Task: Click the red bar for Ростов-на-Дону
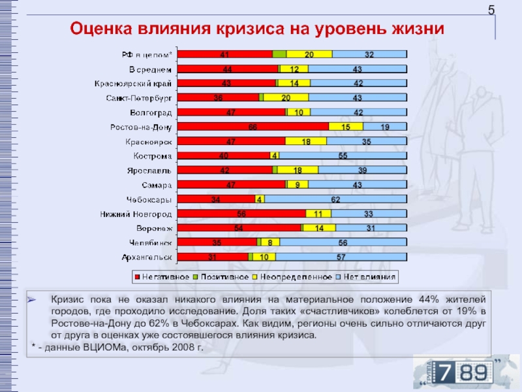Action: (x=253, y=126)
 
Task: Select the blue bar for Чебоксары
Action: (x=335, y=199)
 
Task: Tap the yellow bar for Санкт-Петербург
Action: (x=286, y=97)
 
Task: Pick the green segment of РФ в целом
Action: (x=279, y=54)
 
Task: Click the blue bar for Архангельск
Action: (x=341, y=257)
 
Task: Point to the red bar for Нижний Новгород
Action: (x=241, y=213)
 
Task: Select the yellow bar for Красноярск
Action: (x=305, y=140)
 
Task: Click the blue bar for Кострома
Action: (x=343, y=155)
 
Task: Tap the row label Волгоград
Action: (x=151, y=112)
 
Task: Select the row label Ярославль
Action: (x=150, y=170)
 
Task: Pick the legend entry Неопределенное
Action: (x=293, y=277)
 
